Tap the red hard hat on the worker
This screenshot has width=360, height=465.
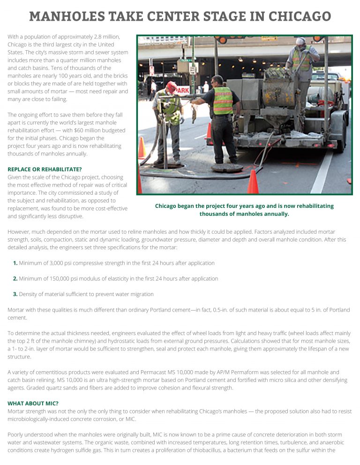(x=172, y=87)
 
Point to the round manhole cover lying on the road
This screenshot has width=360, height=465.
(x=226, y=168)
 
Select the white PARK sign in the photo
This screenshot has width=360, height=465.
(x=183, y=89)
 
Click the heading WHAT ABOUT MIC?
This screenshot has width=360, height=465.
(x=33, y=403)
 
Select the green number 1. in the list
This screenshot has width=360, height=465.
(x=15, y=263)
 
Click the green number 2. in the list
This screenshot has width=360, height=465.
(x=15, y=279)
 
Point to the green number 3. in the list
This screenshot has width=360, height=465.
(x=15, y=294)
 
